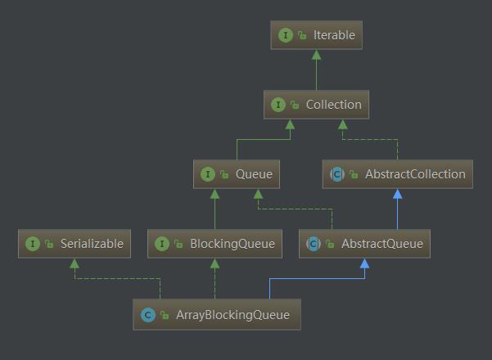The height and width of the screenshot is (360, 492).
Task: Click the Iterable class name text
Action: [x=334, y=35]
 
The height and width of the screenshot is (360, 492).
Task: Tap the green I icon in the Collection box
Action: [x=278, y=105]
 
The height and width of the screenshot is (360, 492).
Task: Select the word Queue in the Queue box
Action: [x=254, y=174]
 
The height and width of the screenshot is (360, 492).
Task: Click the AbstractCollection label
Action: [x=415, y=174]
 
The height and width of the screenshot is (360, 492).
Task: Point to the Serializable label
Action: [x=92, y=244]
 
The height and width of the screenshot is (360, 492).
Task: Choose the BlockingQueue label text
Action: [x=232, y=244]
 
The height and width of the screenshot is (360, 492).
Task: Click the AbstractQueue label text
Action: [x=382, y=244]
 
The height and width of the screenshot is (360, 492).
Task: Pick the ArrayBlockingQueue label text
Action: [x=232, y=315]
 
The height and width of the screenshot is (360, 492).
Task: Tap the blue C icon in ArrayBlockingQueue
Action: [x=148, y=315]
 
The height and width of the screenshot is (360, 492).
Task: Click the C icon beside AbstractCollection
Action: [x=337, y=174]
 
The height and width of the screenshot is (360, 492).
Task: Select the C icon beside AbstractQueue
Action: [x=314, y=244]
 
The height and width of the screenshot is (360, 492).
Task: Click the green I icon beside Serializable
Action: [x=32, y=244]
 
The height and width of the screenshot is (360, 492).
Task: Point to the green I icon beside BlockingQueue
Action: [x=162, y=244]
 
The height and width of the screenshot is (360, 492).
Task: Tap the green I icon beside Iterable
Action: [x=286, y=35]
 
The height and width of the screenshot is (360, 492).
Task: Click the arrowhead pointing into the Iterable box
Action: [x=316, y=55]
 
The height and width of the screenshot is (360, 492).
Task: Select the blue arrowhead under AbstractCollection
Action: [x=398, y=194]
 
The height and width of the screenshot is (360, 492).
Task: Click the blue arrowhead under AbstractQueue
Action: [x=364, y=263]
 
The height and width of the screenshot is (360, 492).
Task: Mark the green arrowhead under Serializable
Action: [x=74, y=263]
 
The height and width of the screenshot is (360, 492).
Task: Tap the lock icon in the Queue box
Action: [x=224, y=174]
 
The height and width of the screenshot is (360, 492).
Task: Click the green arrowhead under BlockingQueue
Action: [x=214, y=263]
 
